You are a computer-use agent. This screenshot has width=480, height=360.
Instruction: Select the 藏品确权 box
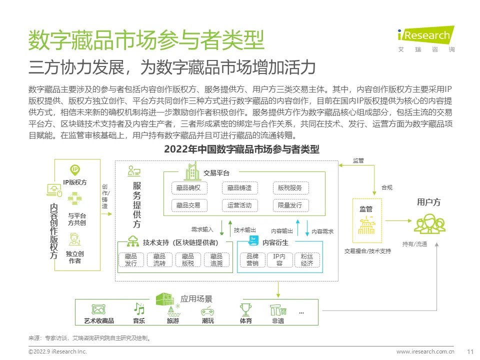188,188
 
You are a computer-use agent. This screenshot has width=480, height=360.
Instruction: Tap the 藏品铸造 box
239,188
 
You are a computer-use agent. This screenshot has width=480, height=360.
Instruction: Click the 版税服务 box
290,188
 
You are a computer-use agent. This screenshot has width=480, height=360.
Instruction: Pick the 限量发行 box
290,205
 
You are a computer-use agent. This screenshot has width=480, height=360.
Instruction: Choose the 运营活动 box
239,205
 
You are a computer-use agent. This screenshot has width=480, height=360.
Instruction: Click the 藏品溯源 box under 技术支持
216,259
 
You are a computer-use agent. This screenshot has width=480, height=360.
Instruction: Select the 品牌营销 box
252,259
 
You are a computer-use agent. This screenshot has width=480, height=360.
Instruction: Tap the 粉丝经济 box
307,259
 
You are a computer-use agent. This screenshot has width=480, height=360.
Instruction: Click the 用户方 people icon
429,223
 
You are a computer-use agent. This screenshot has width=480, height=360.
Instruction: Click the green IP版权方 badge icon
75,170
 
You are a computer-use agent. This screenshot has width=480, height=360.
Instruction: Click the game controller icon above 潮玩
208,310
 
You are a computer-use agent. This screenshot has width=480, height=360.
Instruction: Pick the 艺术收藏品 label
99,321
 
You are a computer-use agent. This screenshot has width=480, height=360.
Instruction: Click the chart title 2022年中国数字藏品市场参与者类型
241,149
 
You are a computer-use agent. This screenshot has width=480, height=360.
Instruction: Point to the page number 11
470,351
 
